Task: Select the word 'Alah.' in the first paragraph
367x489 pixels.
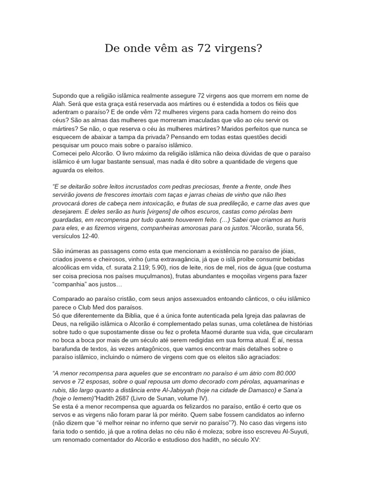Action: (61, 104)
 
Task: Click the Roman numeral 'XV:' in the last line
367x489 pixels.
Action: (252, 439)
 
